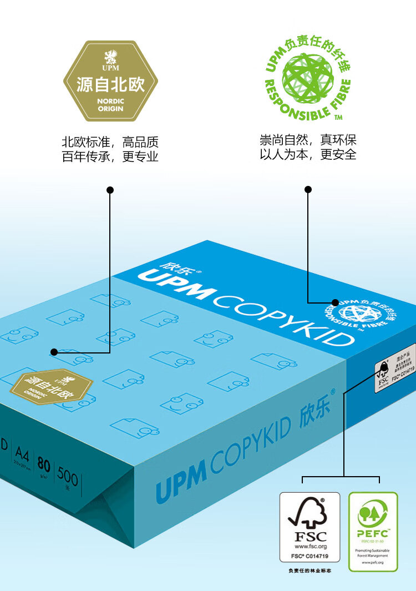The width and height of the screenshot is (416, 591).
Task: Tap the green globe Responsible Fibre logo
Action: (x=308, y=78)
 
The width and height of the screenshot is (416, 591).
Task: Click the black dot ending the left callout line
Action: (x=54, y=352)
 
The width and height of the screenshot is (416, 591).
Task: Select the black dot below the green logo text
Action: (x=308, y=190)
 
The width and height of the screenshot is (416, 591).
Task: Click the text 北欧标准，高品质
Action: (x=110, y=142)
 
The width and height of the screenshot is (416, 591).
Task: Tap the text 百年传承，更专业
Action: (x=110, y=157)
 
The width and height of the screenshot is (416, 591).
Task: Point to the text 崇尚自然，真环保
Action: (x=308, y=139)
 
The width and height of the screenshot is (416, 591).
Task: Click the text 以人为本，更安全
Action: (x=308, y=154)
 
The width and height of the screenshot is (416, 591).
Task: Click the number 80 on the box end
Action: (x=43, y=462)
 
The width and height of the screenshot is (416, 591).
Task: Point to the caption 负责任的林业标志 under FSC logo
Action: (x=310, y=570)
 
